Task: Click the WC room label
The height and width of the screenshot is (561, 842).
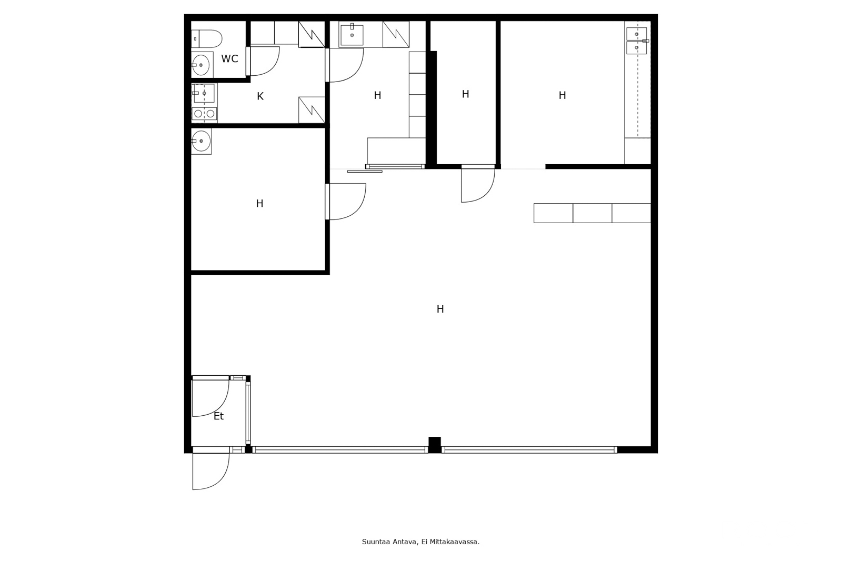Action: click(x=229, y=58)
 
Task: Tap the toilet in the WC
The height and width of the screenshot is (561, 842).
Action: click(x=207, y=39)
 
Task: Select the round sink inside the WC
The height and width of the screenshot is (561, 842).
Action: click(x=201, y=65)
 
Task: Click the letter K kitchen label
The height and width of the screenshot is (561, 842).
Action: click(x=260, y=96)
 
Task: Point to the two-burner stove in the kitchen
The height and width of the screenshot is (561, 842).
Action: click(x=204, y=114)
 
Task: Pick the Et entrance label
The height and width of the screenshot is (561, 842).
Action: click(x=218, y=416)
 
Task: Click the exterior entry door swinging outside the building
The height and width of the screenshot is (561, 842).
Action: click(x=210, y=471)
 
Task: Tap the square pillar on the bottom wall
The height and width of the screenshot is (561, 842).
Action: click(x=435, y=445)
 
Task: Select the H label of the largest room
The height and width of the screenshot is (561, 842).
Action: click(x=440, y=309)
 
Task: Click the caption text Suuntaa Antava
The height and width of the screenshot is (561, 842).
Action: click(x=390, y=542)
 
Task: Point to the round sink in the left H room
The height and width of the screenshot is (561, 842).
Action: click(x=201, y=141)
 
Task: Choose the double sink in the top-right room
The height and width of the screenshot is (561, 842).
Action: click(x=637, y=41)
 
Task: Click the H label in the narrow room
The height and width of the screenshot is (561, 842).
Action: click(x=465, y=94)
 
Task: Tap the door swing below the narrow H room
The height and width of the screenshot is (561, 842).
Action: click(x=478, y=186)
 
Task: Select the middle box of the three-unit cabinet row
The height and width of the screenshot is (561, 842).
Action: click(x=593, y=213)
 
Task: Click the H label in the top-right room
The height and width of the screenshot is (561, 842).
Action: click(x=563, y=95)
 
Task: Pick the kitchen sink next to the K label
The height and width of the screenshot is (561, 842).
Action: click(x=204, y=93)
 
